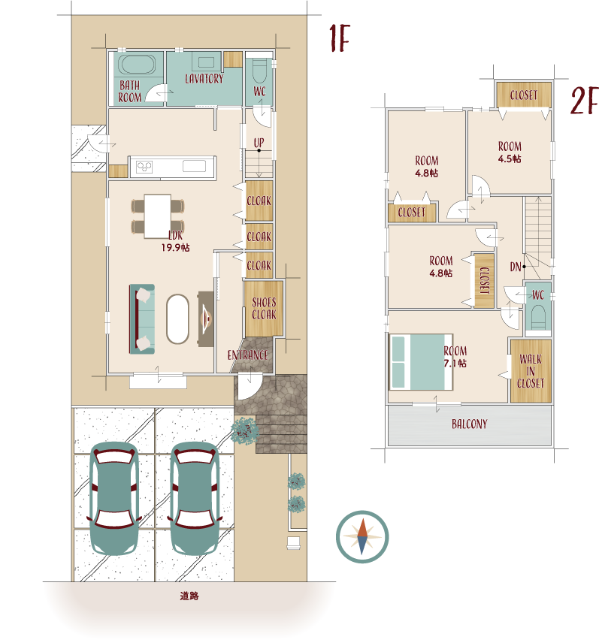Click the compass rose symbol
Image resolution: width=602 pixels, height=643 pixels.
[x=362, y=536]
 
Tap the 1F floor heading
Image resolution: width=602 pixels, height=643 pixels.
[x=340, y=38]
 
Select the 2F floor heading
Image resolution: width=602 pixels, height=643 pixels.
[x=584, y=101]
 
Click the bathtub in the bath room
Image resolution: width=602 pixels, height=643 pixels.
[x=137, y=65]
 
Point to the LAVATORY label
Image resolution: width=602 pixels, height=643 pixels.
[x=204, y=79]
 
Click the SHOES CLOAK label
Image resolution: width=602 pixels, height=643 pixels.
[x=264, y=309]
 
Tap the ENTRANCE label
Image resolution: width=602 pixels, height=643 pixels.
[x=247, y=355]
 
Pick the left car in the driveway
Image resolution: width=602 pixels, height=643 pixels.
[x=114, y=498]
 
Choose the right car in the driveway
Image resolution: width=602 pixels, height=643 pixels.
[x=195, y=498]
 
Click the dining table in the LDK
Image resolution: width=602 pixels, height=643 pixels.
[x=158, y=216]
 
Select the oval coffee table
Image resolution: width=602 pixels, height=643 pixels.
[x=177, y=319]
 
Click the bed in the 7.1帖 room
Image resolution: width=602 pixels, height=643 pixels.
[x=421, y=362]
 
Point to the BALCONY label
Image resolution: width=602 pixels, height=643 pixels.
[x=470, y=424]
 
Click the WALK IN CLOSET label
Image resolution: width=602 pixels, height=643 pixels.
[x=531, y=371]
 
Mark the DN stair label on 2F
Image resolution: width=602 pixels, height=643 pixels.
[x=516, y=267]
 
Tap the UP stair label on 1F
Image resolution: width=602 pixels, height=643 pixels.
[x=259, y=143]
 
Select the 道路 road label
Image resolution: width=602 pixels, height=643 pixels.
[x=189, y=596]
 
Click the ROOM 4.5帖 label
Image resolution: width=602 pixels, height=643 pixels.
[x=510, y=152]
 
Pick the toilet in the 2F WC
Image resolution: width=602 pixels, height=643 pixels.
[x=538, y=316]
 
